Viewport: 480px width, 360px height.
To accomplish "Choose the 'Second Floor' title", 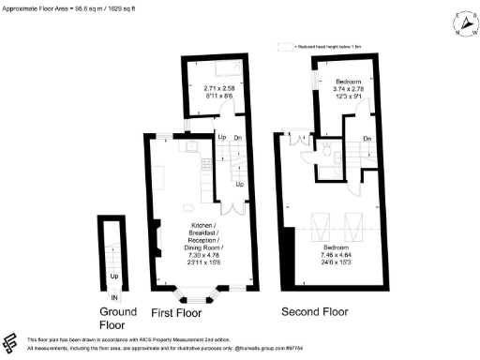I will click(335, 310).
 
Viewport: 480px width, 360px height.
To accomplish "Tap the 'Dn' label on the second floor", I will click(366, 140).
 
